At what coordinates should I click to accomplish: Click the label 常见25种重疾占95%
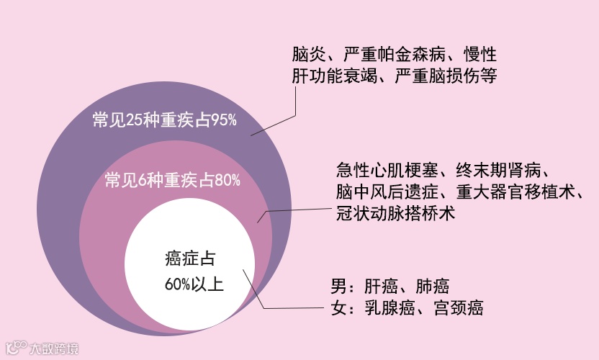(x=165, y=120)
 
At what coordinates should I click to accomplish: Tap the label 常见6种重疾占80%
(x=172, y=179)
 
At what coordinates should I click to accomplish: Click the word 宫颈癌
(x=459, y=309)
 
